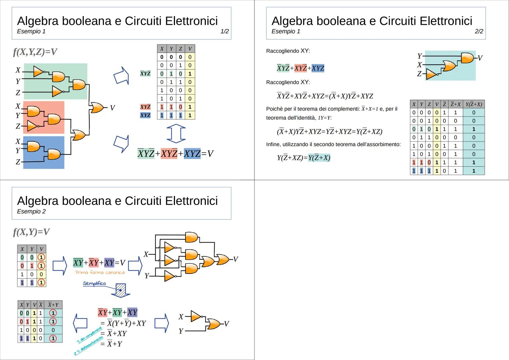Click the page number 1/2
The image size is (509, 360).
pos(225,31)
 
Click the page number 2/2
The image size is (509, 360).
pos(479,31)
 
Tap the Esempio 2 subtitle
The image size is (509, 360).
pos(31,211)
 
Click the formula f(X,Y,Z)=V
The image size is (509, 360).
pos(35,52)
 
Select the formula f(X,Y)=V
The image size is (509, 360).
pos(31,232)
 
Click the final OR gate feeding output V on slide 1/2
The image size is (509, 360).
pos(97,108)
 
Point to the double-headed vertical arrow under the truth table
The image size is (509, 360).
pos(176,134)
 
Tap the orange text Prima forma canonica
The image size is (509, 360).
pos(100,272)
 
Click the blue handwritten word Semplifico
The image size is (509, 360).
pos(94,284)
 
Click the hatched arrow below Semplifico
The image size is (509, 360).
pos(121,290)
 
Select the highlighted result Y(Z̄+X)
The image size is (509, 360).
pos(319,158)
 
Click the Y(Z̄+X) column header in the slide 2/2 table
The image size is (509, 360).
pos(473,104)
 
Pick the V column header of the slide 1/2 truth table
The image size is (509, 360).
pos(190,49)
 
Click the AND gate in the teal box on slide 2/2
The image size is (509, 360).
pos(467,58)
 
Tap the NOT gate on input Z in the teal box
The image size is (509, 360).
pos(432,74)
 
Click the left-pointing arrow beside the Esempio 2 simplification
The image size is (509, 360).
pos(80,323)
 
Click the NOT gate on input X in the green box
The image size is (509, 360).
pos(39,71)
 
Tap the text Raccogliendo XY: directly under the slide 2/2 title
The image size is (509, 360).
pos(288,51)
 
